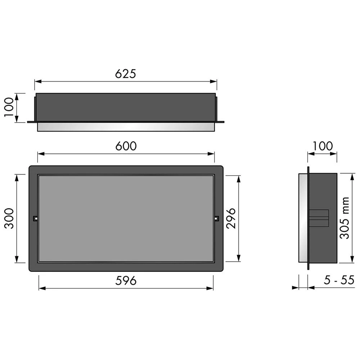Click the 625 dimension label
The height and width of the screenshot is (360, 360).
click(126, 74)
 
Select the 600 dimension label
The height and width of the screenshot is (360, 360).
click(126, 146)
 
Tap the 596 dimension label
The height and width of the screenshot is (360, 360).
click(126, 280)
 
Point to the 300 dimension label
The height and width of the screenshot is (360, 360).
click(9, 219)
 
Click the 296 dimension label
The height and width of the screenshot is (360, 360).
click(231, 219)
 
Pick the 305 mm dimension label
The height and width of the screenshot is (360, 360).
click(345, 218)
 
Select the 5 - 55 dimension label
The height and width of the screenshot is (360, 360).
click(339, 280)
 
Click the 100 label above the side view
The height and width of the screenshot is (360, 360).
click(323, 146)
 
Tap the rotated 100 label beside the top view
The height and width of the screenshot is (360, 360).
click(9, 107)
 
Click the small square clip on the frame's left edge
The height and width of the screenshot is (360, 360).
click(36, 219)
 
